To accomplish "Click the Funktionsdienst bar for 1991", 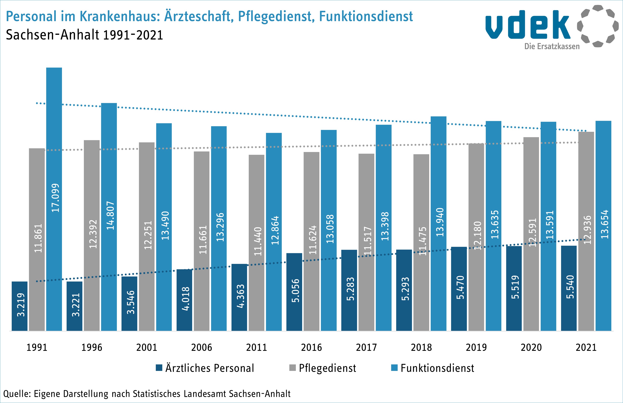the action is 54,199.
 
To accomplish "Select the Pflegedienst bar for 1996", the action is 92,235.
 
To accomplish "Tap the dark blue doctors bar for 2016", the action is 294,292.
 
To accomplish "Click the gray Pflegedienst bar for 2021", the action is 586,231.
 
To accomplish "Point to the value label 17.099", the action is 55,198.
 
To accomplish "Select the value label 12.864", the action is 275,230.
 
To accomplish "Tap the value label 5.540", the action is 570,287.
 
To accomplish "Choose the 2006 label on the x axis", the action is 202,348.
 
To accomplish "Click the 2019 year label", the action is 476,348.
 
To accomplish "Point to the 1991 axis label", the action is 37,348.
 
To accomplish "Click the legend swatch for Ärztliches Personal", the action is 159,368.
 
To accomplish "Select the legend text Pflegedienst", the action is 328,368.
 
